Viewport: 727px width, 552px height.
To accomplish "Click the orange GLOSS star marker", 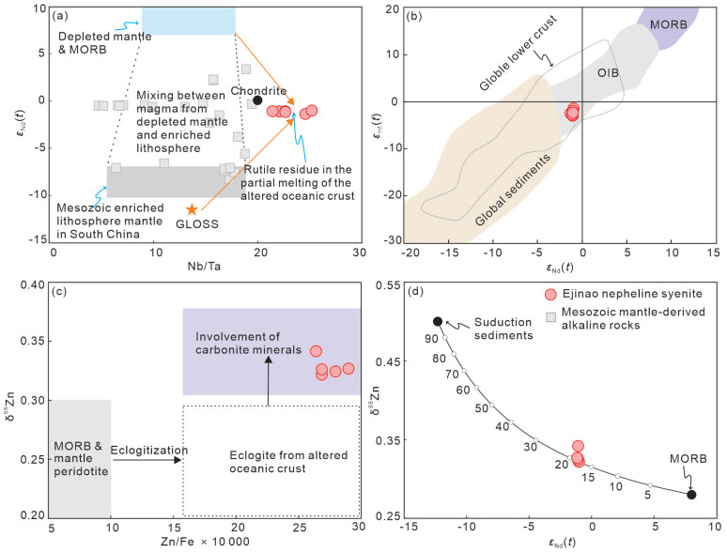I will coord(193,209).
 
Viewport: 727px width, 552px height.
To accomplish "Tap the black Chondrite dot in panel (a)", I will coord(257,100).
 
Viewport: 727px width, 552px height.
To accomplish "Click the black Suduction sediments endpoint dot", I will coord(438,321).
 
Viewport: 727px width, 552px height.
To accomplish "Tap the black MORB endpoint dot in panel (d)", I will coord(692,495).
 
